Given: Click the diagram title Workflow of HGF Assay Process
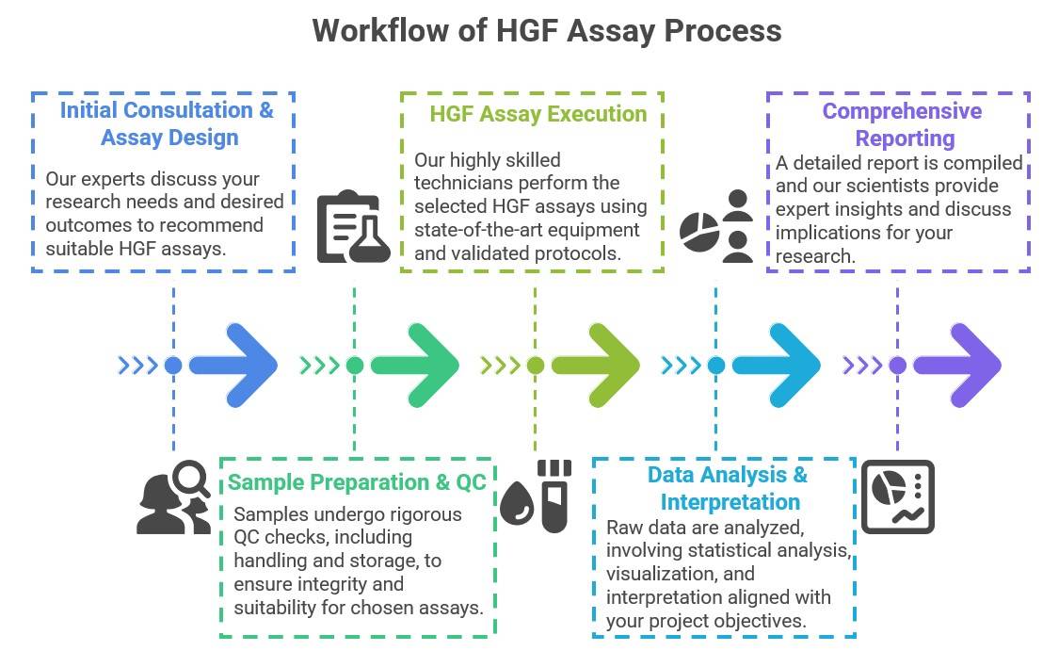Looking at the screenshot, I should tap(546, 30).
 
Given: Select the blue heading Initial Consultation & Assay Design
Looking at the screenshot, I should tap(168, 123).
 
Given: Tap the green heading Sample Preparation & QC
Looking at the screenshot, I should tap(357, 482).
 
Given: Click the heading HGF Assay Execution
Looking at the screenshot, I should tap(538, 114).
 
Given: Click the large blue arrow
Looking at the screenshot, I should tap(234, 366).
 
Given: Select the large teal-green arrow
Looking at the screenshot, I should tap(415, 366).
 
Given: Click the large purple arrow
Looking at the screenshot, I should tap(957, 366).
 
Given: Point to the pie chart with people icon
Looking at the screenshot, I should tap(717, 227).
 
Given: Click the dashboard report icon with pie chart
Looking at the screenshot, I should tap(897, 496).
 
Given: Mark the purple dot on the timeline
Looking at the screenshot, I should tap(897, 366).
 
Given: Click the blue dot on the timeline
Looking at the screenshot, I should tap(173, 366).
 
